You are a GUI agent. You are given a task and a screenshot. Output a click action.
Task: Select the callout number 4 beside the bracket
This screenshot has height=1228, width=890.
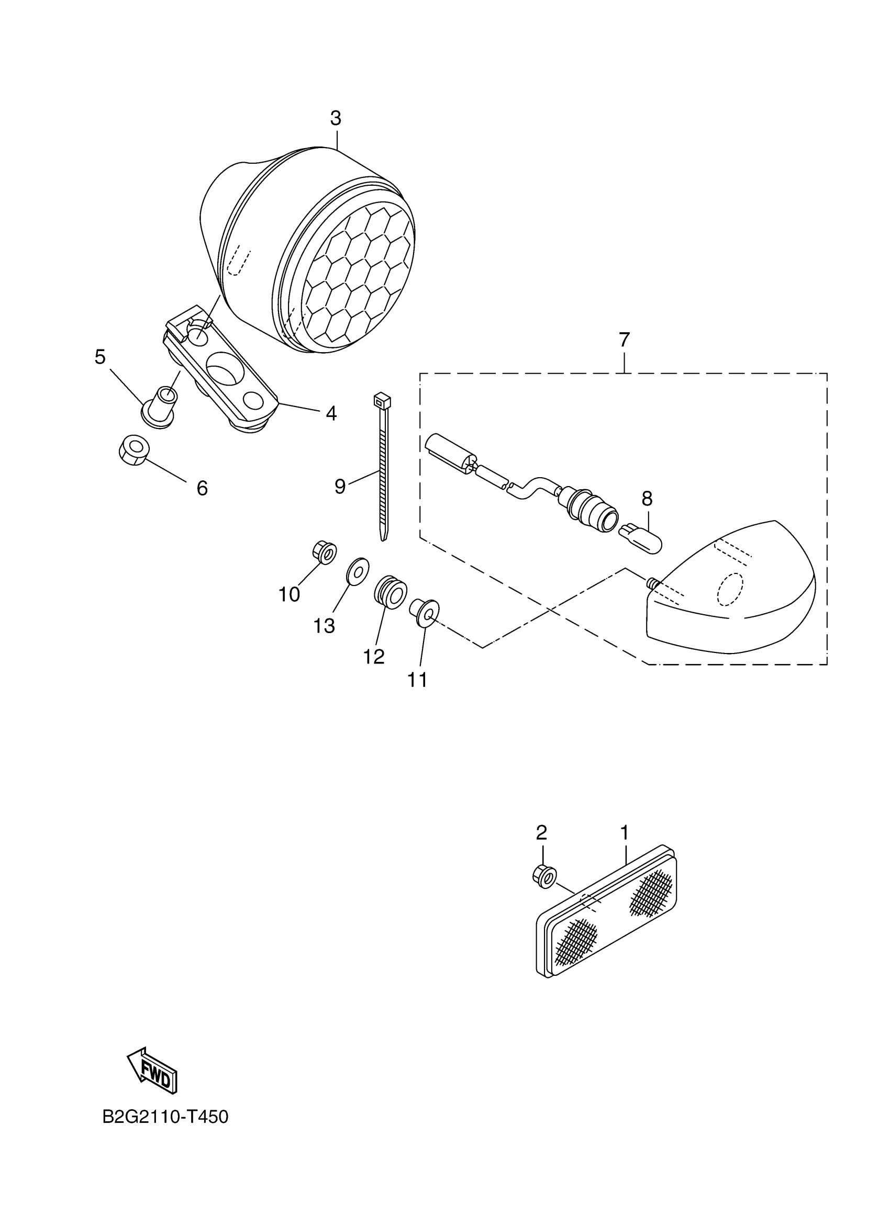(331, 414)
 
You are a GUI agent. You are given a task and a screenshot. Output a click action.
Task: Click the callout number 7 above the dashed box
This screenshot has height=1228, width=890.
(624, 340)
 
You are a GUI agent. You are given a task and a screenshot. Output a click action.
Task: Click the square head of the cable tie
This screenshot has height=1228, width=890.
(382, 401)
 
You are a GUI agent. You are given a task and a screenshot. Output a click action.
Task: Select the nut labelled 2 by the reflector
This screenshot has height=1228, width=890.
(544, 874)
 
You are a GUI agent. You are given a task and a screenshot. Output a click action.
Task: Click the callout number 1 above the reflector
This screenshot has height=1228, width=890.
(624, 832)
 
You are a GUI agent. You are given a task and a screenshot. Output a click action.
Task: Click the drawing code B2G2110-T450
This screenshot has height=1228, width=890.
(165, 1117)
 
